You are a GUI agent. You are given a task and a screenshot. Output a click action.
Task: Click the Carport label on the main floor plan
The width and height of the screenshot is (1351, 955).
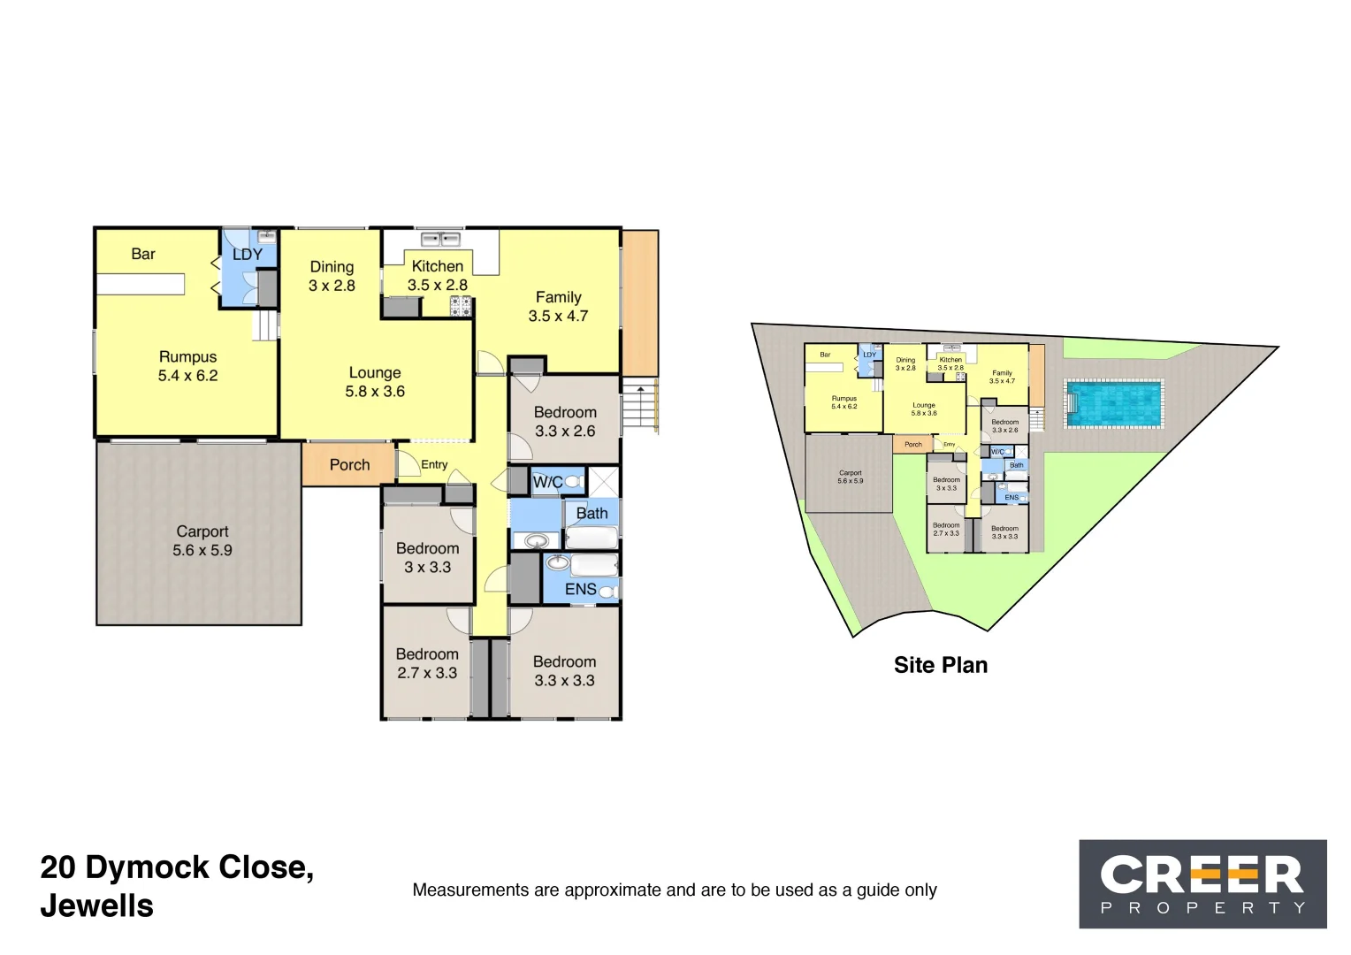202,540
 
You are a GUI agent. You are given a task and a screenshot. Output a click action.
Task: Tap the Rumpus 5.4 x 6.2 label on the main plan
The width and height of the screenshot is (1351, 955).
187,366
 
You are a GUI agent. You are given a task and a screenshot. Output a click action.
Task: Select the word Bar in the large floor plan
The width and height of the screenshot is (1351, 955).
143,255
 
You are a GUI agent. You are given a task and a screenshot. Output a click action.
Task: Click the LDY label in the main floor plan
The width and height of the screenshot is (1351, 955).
248,255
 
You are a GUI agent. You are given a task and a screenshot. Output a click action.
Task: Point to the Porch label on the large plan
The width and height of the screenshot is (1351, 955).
349,465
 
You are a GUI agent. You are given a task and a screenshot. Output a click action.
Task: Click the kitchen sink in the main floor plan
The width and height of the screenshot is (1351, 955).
440,239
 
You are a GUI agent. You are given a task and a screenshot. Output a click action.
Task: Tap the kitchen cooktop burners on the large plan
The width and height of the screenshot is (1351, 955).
461,306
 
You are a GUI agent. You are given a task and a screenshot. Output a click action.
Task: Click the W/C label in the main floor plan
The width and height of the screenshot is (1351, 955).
547,483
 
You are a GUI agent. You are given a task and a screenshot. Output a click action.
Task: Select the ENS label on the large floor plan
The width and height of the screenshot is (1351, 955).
580,589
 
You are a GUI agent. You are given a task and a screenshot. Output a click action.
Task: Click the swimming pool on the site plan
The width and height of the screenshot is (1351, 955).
1113,403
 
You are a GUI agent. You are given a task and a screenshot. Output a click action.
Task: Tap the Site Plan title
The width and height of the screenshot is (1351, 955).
940,665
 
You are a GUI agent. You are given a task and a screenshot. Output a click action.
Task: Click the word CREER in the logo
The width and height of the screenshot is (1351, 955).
1202,875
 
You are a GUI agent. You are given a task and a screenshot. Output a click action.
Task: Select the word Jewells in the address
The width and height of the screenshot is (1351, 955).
97,906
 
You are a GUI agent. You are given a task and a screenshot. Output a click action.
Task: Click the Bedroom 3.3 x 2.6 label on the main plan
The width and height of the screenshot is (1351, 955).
565,422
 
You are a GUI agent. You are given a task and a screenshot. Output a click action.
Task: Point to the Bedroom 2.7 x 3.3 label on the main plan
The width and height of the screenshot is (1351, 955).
427,663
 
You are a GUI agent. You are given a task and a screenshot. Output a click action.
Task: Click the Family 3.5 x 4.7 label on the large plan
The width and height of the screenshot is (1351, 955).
558,307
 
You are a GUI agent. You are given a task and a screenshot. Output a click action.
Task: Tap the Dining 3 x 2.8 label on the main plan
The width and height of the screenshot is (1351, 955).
332,276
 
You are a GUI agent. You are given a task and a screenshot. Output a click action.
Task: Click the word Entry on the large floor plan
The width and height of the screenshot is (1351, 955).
434,464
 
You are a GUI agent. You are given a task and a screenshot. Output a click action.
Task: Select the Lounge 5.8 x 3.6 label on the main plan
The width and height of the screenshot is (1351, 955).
375,382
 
